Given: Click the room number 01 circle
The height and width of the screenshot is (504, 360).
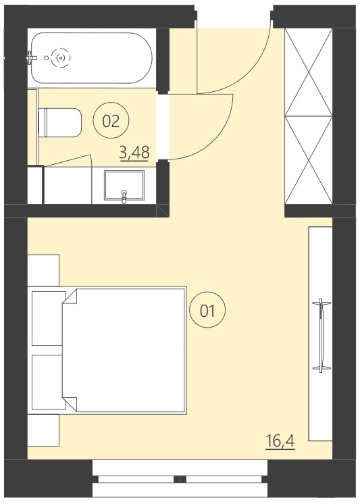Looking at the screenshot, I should (x=207, y=311).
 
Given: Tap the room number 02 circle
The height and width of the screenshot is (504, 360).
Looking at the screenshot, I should (x=111, y=121).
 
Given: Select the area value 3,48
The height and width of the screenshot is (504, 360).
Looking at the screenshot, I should (x=134, y=153).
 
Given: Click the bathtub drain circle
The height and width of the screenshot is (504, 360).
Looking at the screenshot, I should (x=61, y=58).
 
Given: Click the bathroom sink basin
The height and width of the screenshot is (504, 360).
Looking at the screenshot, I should (x=124, y=186).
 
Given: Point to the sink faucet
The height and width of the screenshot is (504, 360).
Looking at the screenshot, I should (x=124, y=197).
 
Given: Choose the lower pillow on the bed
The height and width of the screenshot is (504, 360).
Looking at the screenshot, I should (x=47, y=381).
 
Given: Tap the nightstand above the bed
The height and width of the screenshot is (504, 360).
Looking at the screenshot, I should (x=43, y=270).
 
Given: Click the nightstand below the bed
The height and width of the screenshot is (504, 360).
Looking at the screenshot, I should (x=43, y=430).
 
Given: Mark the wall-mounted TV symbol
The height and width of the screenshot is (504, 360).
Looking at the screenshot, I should (x=323, y=334).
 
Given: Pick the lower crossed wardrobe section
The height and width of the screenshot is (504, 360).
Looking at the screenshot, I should (x=309, y=160).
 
